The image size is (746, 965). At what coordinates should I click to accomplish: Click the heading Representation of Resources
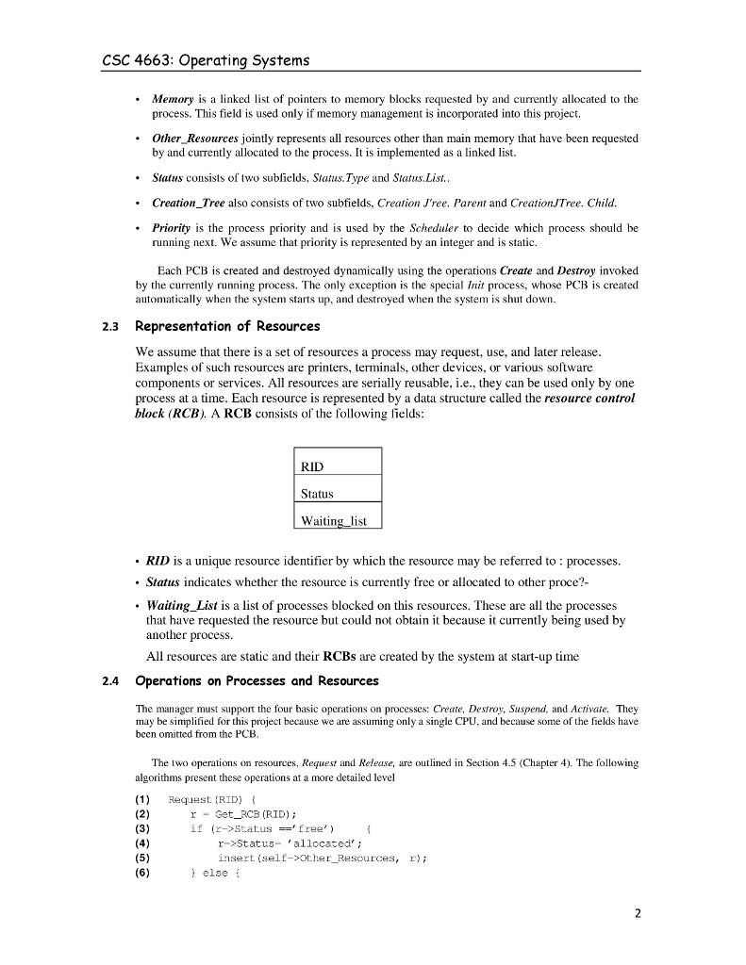point(227,327)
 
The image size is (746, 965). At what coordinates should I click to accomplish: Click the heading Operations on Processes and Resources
point(257,680)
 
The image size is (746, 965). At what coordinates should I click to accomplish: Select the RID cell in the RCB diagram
point(337,466)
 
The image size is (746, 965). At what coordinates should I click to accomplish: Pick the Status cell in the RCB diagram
point(337,493)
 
